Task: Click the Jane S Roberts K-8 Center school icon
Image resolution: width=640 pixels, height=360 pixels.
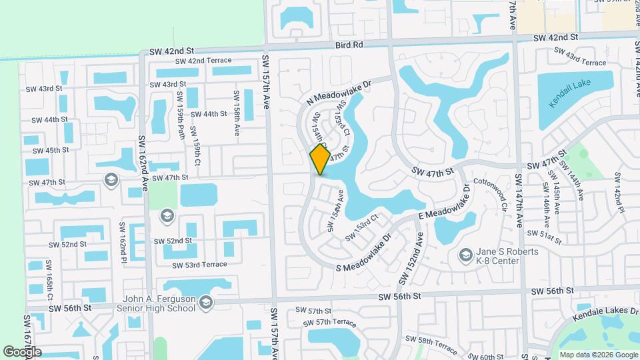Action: click(465, 254)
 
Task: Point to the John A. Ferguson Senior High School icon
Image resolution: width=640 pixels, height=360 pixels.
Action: click(206, 303)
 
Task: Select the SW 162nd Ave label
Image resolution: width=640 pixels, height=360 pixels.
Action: click(142, 163)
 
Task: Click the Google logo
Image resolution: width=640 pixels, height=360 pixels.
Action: click(21, 352)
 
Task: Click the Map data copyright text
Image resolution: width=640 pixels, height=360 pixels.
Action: click(597, 355)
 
